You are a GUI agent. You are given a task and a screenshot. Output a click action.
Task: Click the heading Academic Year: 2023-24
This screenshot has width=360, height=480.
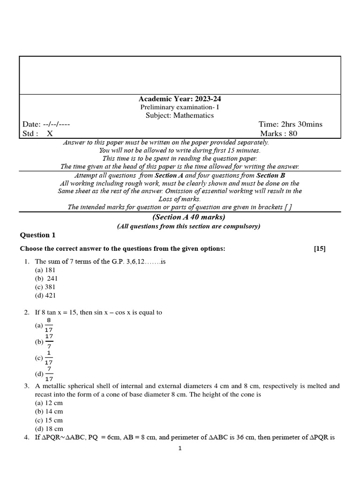(x=180, y=99)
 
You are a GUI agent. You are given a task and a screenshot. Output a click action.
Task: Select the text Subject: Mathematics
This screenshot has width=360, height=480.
(x=180, y=115)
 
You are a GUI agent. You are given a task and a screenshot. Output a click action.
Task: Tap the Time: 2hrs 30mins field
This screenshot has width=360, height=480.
(x=290, y=124)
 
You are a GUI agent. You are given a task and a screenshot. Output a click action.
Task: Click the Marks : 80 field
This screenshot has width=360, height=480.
(x=282, y=134)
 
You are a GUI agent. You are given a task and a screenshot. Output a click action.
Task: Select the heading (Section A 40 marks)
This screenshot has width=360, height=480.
(x=189, y=217)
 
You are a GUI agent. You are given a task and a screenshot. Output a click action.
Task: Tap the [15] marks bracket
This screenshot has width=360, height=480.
(x=320, y=249)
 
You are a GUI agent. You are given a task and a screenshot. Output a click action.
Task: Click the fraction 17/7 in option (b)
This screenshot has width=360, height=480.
(x=49, y=341)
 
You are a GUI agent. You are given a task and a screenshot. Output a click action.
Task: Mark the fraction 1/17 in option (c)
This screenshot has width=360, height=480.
(x=49, y=358)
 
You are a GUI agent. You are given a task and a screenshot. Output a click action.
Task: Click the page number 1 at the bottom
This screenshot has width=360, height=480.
(x=180, y=448)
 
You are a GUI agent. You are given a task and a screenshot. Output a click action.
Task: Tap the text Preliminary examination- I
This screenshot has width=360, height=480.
(x=180, y=107)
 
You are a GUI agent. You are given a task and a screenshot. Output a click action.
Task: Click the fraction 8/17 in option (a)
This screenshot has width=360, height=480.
(x=49, y=325)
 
